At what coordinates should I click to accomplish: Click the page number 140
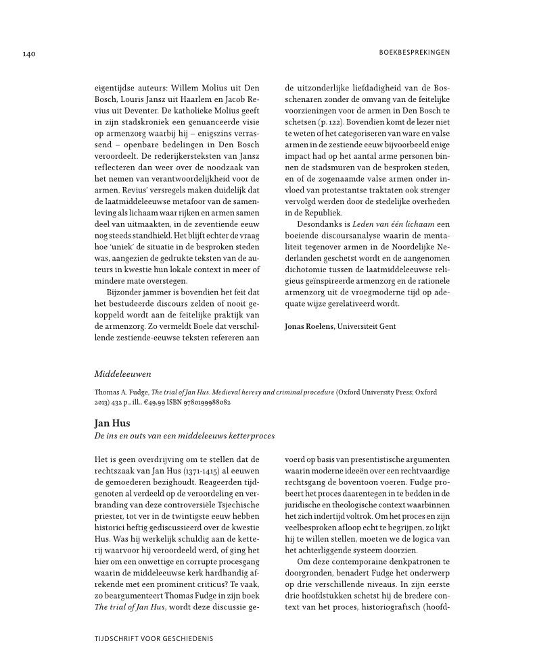(x=28, y=53)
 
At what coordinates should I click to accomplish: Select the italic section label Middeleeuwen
(x=122, y=373)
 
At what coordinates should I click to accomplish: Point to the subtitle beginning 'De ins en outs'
(x=185, y=436)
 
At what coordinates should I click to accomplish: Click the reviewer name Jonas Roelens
(x=310, y=326)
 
